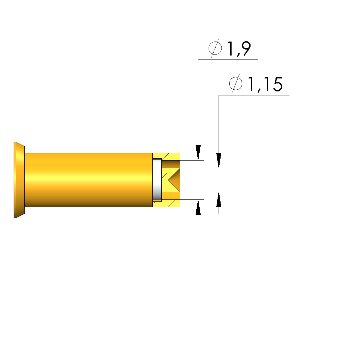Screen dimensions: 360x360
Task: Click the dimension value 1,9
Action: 239,49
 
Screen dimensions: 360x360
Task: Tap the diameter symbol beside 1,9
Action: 215,48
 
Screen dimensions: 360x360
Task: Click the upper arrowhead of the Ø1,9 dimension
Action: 198,153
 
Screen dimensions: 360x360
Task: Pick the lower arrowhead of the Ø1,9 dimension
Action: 198,207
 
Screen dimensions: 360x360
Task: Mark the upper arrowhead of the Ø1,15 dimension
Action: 219,160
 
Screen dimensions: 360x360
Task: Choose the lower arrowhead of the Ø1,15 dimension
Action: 219,199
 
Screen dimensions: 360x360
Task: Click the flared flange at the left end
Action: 19,180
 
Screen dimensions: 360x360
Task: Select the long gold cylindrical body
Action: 89,180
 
